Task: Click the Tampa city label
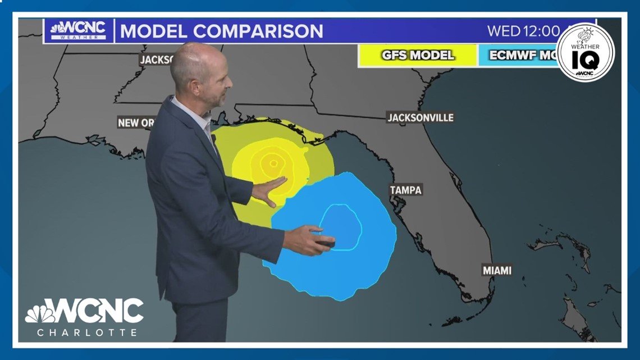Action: pyautogui.click(x=405, y=190)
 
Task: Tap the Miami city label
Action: pyautogui.click(x=497, y=270)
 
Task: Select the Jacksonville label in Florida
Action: pyautogui.click(x=420, y=117)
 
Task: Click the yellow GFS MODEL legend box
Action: pyautogui.click(x=418, y=56)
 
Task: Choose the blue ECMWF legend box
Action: pyautogui.click(x=516, y=56)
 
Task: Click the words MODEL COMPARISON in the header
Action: pyautogui.click(x=222, y=31)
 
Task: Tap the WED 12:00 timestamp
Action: pyautogui.click(x=523, y=31)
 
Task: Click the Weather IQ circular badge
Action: pyautogui.click(x=585, y=53)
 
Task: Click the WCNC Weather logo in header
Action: pyautogui.click(x=78, y=30)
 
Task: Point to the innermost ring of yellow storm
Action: pyautogui.click(x=273, y=164)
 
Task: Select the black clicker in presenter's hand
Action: pyautogui.click(x=325, y=244)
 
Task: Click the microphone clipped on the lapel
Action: pyautogui.click(x=213, y=138)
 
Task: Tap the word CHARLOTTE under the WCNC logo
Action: pyautogui.click(x=87, y=332)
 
